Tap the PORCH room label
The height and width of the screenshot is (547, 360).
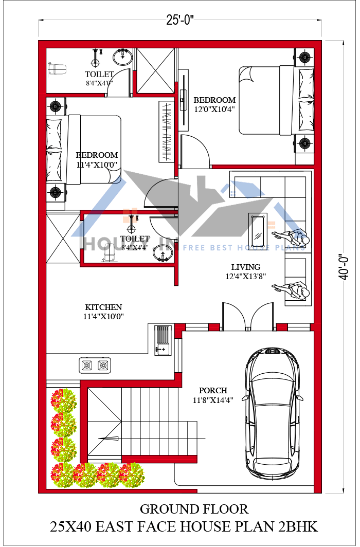(213, 391)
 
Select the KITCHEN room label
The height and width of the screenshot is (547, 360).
(103, 307)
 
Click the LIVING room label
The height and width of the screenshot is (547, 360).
(245, 267)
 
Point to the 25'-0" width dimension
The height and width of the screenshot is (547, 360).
(179, 21)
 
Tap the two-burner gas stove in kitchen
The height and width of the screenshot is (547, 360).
(95, 366)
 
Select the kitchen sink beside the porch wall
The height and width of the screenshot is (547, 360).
(163, 340)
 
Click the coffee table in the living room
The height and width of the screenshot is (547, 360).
(258, 229)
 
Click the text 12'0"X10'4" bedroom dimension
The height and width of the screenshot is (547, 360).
(214, 110)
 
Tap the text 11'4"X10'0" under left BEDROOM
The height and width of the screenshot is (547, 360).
(97, 165)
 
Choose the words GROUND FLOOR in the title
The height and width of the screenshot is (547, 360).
(194, 509)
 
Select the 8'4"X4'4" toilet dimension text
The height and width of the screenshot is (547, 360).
(135, 247)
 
